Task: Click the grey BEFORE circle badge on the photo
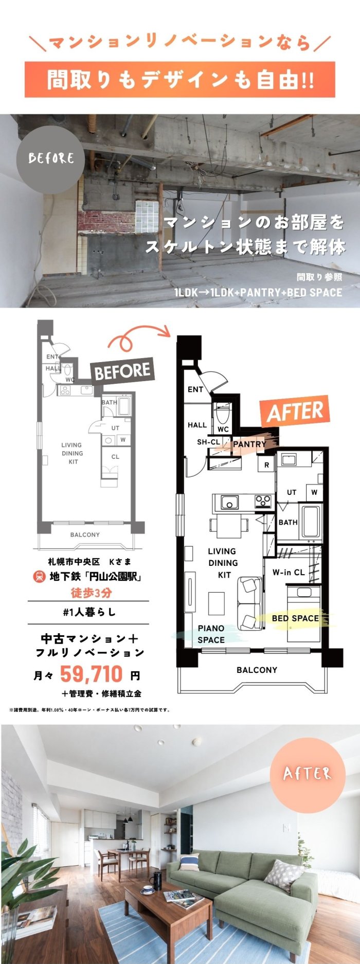click(51, 157)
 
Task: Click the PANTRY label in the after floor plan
click(249, 444)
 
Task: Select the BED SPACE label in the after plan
click(295, 618)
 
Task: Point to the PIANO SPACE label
click(211, 634)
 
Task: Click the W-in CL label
click(289, 572)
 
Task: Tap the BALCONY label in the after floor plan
click(257, 670)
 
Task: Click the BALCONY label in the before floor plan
click(85, 534)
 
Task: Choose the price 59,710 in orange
click(92, 673)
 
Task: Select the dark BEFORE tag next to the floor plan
click(122, 371)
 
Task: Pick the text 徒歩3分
click(91, 593)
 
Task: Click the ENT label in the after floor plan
click(195, 389)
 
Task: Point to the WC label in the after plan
click(223, 429)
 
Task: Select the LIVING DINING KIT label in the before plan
click(72, 453)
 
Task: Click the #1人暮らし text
click(89, 612)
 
